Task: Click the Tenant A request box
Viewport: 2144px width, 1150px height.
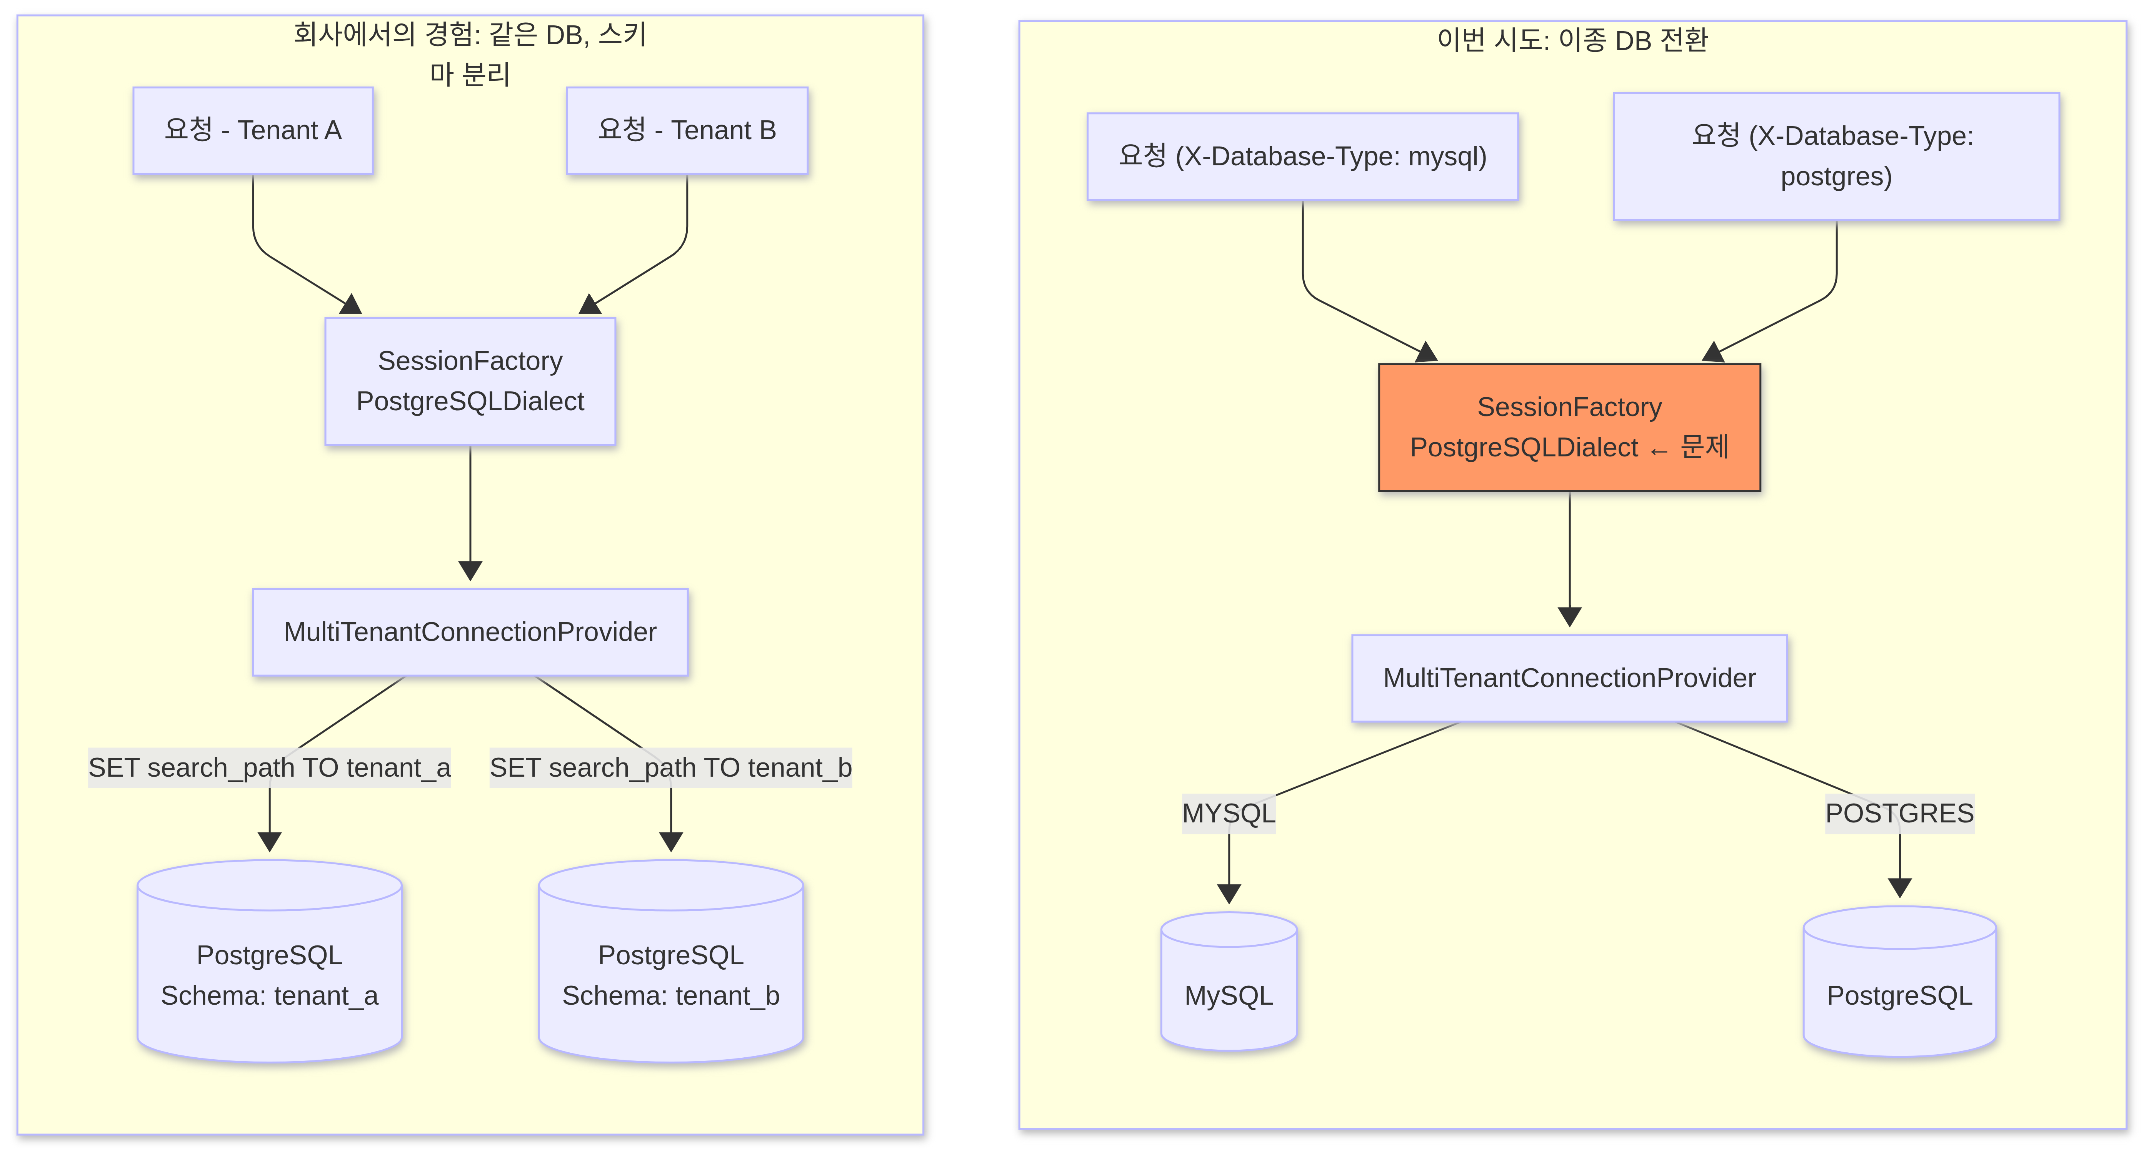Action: coord(253,131)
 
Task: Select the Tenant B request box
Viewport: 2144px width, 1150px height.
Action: coord(687,131)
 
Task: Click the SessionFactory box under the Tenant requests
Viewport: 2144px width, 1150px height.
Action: coord(470,381)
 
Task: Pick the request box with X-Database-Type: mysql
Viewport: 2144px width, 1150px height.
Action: coord(1302,156)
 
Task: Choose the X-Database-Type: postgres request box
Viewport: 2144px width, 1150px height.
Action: coord(1836,156)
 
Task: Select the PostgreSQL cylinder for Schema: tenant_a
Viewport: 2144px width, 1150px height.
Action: coord(270,961)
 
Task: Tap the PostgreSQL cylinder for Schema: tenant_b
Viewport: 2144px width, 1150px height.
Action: coord(671,961)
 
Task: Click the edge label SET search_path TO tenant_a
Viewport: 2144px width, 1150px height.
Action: coord(270,767)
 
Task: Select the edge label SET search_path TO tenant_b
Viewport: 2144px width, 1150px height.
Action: coord(671,767)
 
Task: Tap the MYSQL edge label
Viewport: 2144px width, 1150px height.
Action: coord(1229,813)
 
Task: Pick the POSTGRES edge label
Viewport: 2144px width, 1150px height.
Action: coord(1899,813)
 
